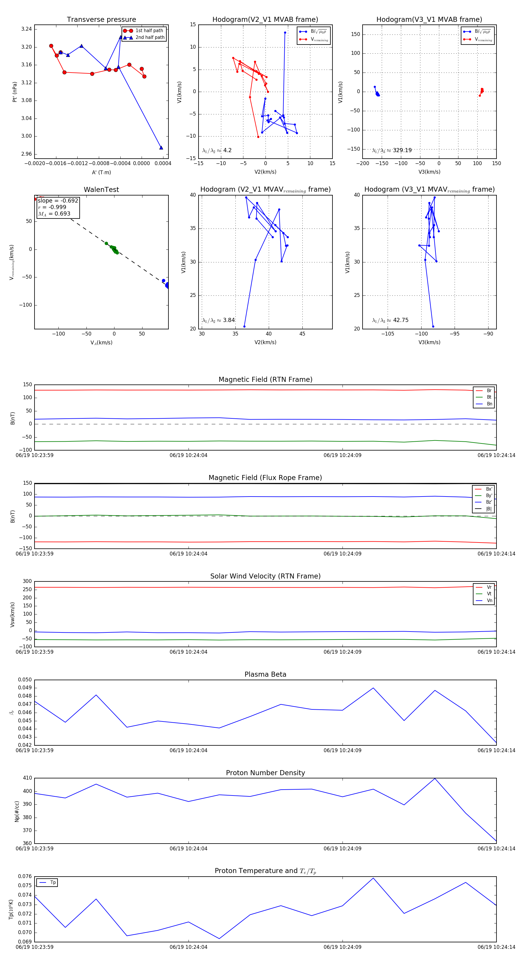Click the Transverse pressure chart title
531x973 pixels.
coord(101,20)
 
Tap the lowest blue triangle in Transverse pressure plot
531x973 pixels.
coord(161,148)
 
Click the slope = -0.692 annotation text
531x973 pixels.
coord(58,200)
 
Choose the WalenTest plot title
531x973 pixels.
coord(101,190)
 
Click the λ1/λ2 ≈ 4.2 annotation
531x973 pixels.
coord(217,150)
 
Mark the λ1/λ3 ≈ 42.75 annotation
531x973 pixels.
coord(390,320)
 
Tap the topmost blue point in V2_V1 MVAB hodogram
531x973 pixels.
coord(285,32)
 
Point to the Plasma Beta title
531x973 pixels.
coord(265,674)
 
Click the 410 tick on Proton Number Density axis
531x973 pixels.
coord(27,778)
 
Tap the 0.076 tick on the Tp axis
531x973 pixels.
coord(25,876)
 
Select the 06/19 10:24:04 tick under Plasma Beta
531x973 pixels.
coord(188,750)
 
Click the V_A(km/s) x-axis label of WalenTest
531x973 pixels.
coord(101,343)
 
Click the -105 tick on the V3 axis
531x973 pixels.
coord(387,334)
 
